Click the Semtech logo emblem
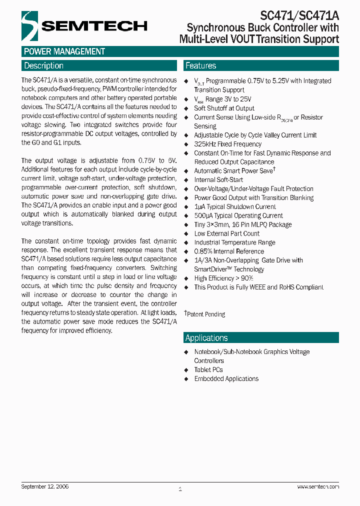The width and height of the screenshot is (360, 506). click(29, 25)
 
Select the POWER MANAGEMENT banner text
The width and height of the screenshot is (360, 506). click(64, 51)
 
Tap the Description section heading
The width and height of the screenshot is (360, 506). click(44, 65)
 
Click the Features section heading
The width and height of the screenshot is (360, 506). click(200, 65)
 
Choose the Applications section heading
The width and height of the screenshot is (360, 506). click(206, 337)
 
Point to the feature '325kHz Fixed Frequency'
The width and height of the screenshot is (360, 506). click(227, 144)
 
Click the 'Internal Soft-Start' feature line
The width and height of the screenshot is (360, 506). click(218, 180)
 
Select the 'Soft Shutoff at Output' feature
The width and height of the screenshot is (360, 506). click(224, 108)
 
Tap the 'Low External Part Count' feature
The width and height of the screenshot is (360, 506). click(227, 233)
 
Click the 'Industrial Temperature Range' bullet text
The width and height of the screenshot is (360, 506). click(234, 242)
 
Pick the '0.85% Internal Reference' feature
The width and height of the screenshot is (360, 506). click(229, 251)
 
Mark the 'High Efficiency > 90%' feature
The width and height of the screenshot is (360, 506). click(223, 278)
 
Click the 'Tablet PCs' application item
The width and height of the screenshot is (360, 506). click(208, 369)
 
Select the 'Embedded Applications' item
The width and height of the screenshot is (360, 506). click(226, 378)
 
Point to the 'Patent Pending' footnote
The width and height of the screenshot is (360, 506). click(205, 314)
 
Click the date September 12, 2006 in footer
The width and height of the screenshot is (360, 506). click(45, 486)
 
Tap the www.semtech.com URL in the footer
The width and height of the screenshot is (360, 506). click(318, 486)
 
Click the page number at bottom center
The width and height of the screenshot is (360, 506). click(180, 488)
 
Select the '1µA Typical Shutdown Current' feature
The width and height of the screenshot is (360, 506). click(235, 207)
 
